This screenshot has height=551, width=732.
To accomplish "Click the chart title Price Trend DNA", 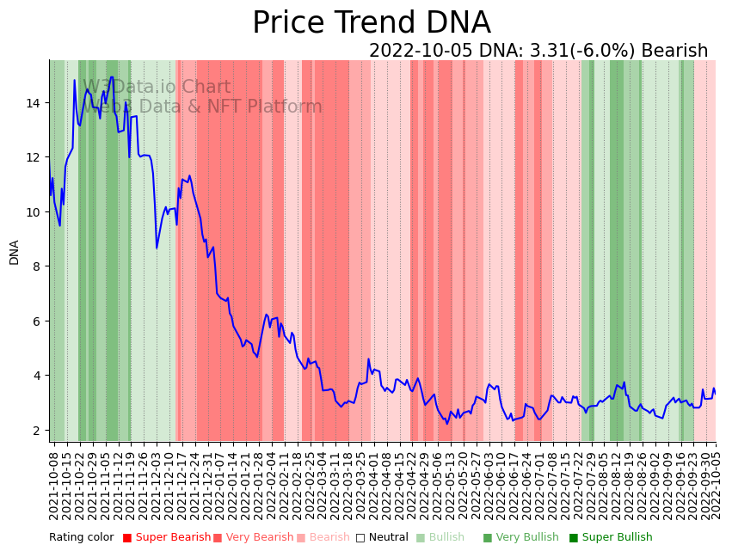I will pyautogui.click(x=371, y=23).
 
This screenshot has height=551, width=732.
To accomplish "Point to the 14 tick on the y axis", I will pyautogui.click(x=34, y=103).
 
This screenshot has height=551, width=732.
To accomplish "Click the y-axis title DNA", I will pyautogui.click(x=15, y=252).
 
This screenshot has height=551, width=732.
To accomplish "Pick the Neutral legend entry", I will pyautogui.click(x=382, y=537).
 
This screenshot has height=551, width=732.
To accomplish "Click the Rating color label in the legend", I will pyautogui.click(x=81, y=537).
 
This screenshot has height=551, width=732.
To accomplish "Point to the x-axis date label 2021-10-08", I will pyautogui.click(x=53, y=486).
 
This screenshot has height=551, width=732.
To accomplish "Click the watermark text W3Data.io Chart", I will pyautogui.click(x=157, y=88).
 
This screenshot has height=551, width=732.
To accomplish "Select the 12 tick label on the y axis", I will pyautogui.click(x=34, y=157).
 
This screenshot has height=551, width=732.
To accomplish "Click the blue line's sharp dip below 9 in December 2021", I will pyautogui.click(x=157, y=248).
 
